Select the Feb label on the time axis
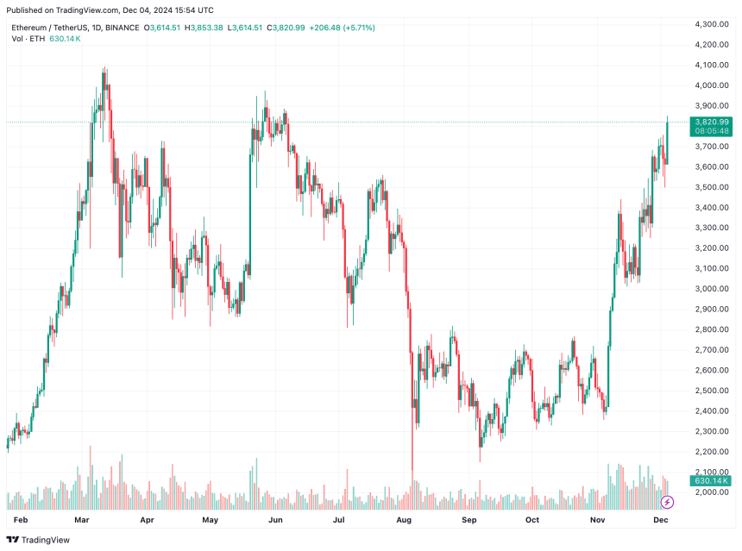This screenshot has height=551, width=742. point(20,521)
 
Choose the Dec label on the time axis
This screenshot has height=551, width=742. point(662,521)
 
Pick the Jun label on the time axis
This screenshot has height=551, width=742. point(276,521)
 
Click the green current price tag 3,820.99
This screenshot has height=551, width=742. point(712,122)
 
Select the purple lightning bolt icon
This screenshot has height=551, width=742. point(666,502)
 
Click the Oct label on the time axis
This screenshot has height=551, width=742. point(532,521)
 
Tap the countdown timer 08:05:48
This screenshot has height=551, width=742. point(712,133)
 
